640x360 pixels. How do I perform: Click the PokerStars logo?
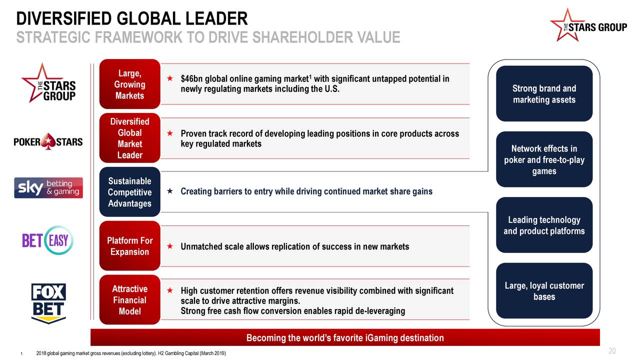click(x=48, y=141)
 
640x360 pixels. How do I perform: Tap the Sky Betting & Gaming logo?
click(x=48, y=187)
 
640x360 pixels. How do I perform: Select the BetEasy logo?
click(x=47, y=240)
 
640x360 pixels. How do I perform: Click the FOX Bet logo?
click(x=48, y=303)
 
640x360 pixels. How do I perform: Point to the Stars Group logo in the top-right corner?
click(x=588, y=25)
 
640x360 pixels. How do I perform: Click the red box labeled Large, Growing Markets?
click(x=129, y=84)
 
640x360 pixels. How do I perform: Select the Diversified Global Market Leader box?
click(x=129, y=138)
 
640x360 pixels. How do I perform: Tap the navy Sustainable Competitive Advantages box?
click(x=129, y=192)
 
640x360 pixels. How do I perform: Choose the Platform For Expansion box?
click(x=129, y=245)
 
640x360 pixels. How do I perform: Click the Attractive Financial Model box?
click(x=129, y=299)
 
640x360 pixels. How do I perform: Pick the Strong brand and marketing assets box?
click(x=544, y=93)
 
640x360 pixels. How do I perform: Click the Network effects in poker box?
click(x=544, y=159)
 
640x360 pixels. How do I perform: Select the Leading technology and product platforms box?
click(x=544, y=225)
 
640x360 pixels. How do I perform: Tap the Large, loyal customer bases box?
click(x=544, y=291)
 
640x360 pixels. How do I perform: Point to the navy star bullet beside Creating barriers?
click(x=170, y=191)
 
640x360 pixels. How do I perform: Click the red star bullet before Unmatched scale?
click(x=170, y=246)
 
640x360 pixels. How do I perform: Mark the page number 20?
click(x=612, y=351)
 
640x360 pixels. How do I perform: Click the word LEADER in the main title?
click(x=216, y=18)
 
